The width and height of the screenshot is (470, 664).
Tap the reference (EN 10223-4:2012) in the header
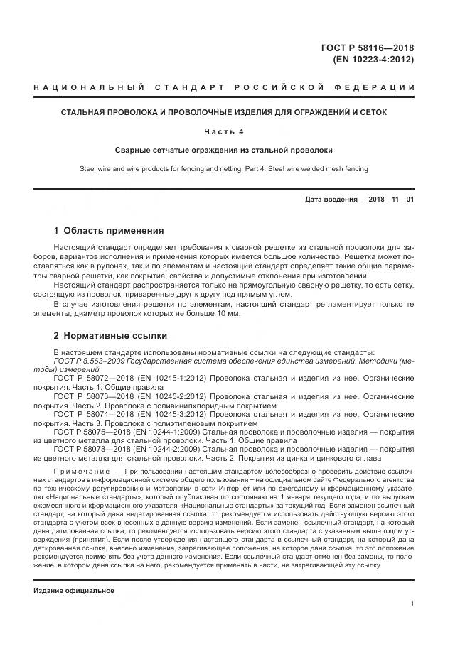point(373,60)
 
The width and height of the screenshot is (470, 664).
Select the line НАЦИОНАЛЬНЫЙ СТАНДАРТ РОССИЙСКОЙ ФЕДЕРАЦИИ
point(224,87)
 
